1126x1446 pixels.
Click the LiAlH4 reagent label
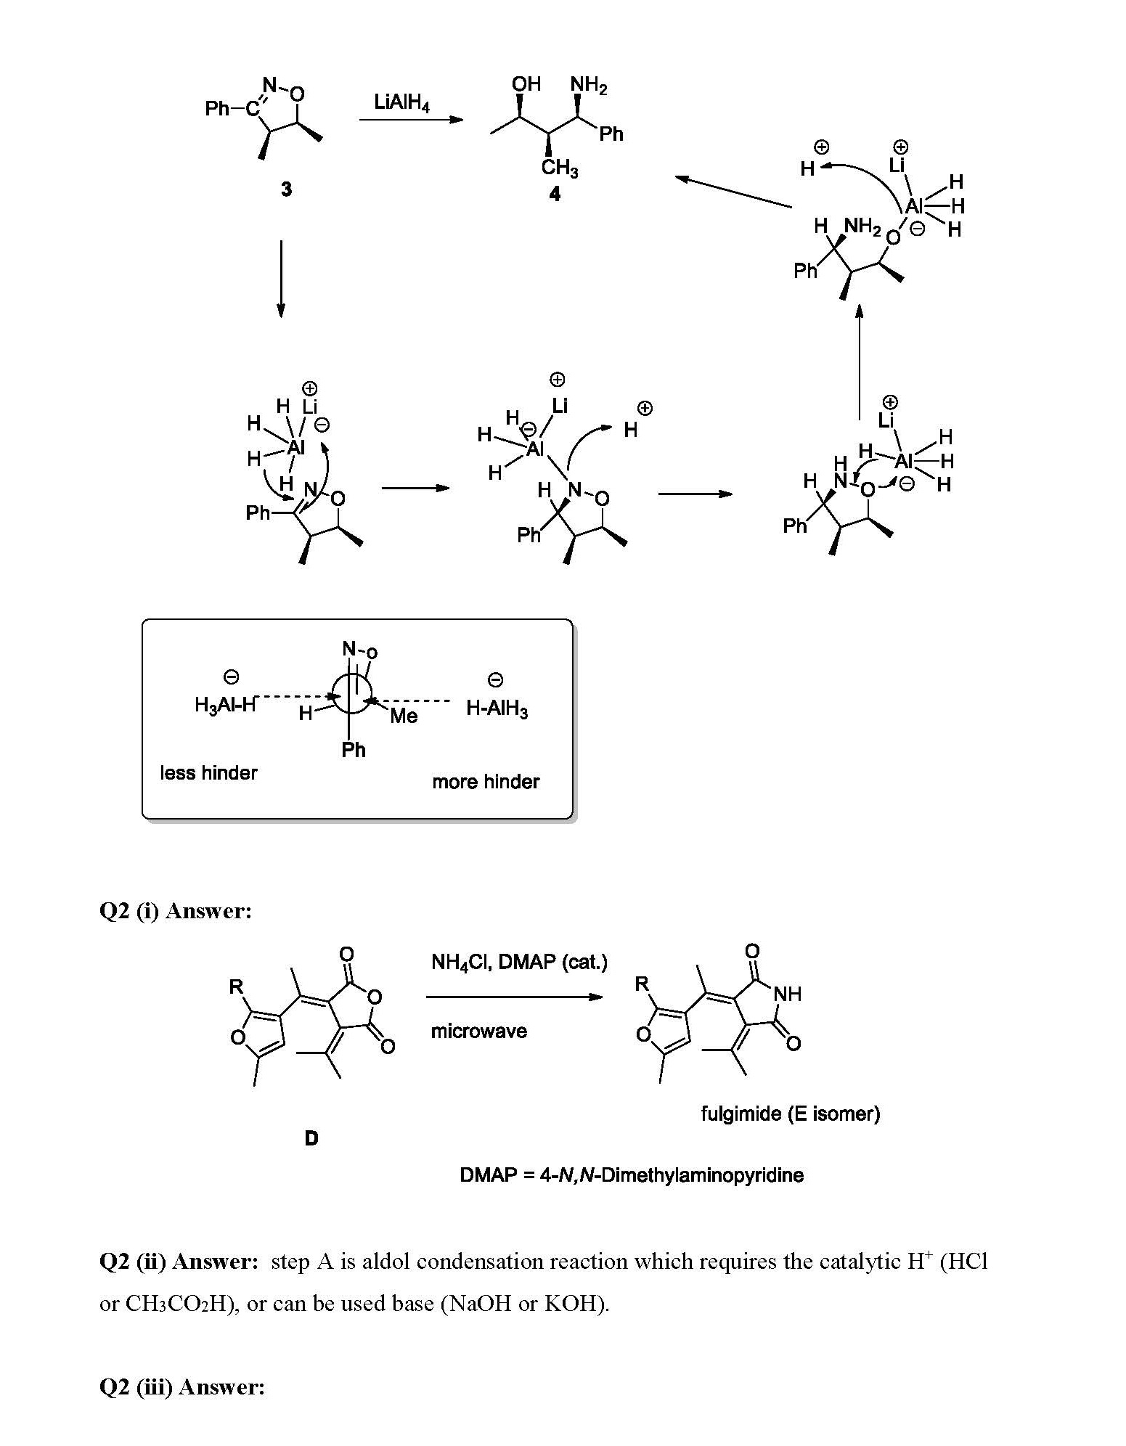pos(401,102)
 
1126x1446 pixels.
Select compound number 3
pos(287,189)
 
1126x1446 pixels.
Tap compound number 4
pos(555,195)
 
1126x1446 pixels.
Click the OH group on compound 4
pos(526,84)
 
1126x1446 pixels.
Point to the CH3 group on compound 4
pos(559,168)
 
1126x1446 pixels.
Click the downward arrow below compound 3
pos(281,279)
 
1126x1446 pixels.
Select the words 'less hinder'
pos(208,772)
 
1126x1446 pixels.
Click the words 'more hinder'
pos(486,782)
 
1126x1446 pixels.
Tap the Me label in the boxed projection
pos(404,716)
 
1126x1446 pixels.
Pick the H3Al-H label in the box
pos(225,704)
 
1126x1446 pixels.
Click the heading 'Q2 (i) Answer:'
pos(175,910)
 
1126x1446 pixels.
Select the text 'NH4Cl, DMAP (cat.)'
pos(519,962)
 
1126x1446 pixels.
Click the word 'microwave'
pos(478,1031)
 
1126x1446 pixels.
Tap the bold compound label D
pos(311,1138)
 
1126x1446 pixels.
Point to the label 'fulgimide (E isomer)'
pos(790,1113)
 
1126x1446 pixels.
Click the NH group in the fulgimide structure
pos(788,994)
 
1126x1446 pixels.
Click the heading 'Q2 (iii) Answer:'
pos(181,1387)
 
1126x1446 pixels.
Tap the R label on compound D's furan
pos(236,987)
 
